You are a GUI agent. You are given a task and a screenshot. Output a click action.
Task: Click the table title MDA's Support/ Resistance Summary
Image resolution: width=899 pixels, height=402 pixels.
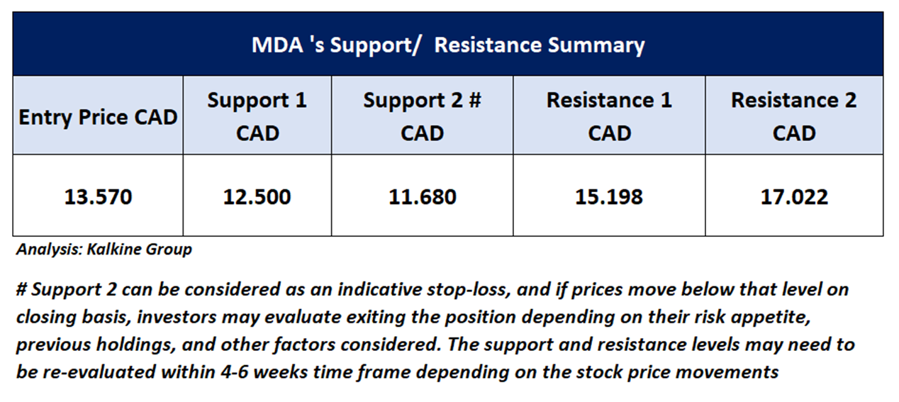pos(448,45)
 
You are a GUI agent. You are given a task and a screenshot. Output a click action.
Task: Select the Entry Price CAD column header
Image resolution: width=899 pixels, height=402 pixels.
pos(98,117)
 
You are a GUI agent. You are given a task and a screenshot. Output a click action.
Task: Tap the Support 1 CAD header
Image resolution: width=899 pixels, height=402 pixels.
pos(257,116)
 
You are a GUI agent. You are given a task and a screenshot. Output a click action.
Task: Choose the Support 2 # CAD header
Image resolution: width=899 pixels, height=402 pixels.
pos(423,116)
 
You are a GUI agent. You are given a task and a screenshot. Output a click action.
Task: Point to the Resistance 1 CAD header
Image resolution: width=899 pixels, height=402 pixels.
pos(609,116)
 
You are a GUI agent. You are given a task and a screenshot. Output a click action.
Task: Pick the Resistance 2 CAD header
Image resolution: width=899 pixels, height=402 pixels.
pos(794,116)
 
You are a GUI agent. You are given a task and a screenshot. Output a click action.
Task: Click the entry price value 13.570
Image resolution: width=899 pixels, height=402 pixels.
pos(98,197)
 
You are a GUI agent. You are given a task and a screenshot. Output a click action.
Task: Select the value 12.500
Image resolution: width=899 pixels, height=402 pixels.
pos(257,197)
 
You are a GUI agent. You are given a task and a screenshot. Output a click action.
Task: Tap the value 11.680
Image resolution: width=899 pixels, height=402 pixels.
pos(423,197)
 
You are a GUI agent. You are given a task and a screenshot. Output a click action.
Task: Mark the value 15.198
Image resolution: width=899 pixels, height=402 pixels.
pos(609,197)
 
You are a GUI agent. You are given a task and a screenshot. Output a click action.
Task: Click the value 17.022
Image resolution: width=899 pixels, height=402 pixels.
pos(794,197)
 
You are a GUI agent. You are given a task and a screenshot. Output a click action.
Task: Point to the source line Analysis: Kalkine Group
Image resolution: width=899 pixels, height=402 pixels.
pos(104,250)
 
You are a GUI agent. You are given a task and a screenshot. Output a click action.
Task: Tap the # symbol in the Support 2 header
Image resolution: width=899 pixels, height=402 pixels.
pos(475,100)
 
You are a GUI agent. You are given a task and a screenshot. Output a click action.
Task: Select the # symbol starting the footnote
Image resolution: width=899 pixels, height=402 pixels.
pos(21,289)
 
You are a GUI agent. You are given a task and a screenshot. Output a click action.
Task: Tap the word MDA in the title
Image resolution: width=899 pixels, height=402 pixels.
pos(277,45)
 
